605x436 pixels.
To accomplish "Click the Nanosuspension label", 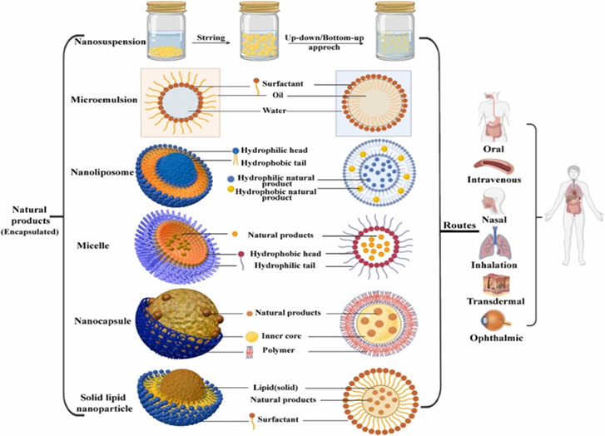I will [111, 39].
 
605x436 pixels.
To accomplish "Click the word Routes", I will [459, 225].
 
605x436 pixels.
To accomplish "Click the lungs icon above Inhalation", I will [492, 246].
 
